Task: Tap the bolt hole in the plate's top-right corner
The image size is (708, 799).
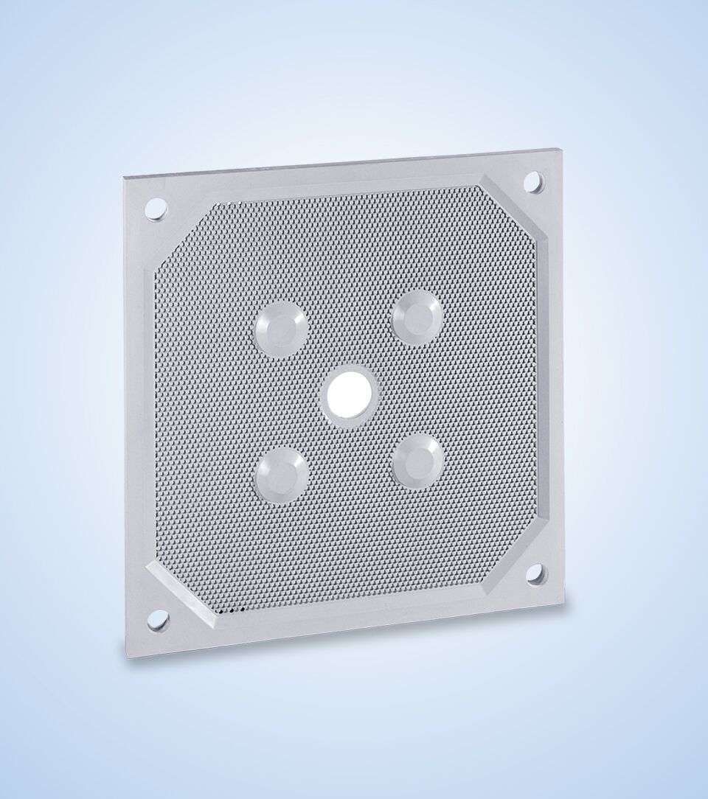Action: tap(535, 182)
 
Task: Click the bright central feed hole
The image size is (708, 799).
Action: tap(350, 391)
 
